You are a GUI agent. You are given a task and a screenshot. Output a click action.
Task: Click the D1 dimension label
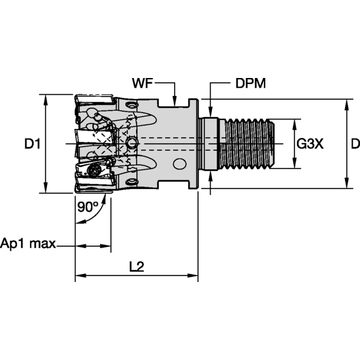tap(32, 144)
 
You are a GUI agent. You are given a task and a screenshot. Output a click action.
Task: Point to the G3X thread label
tap(311, 144)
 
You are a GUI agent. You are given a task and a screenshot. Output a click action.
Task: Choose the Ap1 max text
tap(28, 244)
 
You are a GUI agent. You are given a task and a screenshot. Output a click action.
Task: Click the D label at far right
tap(355, 144)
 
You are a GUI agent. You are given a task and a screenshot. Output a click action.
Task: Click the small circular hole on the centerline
tap(132, 143)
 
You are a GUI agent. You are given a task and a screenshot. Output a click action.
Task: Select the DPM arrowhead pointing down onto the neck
tap(211, 110)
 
